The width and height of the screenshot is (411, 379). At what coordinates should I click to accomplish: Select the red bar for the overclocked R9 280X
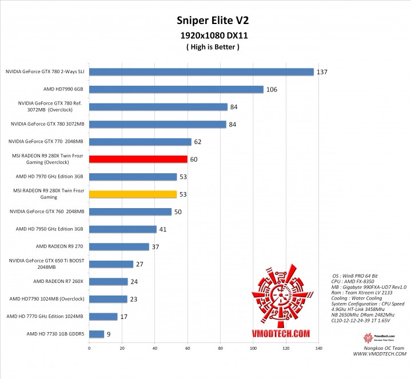(138, 159)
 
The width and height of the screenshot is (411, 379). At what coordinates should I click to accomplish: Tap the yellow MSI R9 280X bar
(133, 194)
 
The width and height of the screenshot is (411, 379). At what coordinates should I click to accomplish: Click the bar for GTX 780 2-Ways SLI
(201, 72)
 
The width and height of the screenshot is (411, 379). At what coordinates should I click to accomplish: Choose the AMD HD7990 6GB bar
(176, 89)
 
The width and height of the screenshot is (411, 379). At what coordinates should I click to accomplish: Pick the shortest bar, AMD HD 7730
(97, 334)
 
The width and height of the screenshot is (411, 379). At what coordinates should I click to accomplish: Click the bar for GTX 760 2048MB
(130, 212)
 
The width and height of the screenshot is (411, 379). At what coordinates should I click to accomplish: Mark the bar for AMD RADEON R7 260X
(109, 281)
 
